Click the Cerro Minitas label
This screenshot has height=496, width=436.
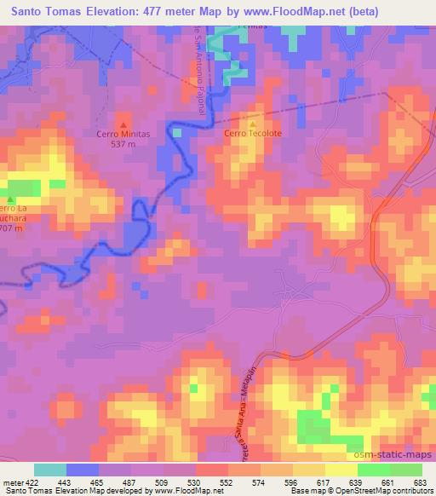pos(123,134)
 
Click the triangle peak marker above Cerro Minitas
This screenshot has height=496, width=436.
pos(123,124)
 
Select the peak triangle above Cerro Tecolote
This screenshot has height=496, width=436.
pos(252,124)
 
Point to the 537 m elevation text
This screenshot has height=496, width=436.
pos(123,143)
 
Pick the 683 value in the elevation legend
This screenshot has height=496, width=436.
pos(421,482)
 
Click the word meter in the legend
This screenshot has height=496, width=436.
pos(12,482)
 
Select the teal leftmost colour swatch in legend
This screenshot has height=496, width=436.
pos(49,470)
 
